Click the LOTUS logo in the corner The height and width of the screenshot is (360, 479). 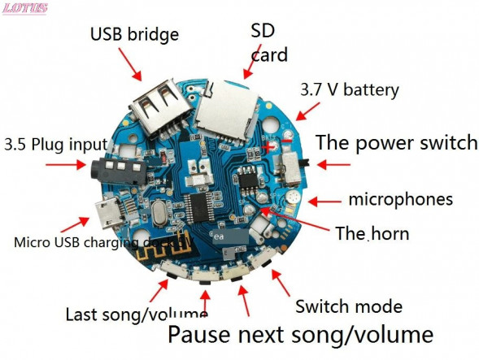pyautogui.click(x=25, y=8)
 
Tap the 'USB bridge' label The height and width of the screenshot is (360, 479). pyautogui.click(x=134, y=35)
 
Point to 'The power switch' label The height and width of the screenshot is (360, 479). pyautogui.click(x=396, y=143)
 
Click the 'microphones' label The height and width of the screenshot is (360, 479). pyautogui.click(x=400, y=199)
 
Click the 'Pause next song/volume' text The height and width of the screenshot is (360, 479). pyautogui.click(x=300, y=334)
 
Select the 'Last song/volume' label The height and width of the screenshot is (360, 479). pyautogui.click(x=136, y=314)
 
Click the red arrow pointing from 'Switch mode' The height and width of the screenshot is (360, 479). pyautogui.click(x=281, y=281)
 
